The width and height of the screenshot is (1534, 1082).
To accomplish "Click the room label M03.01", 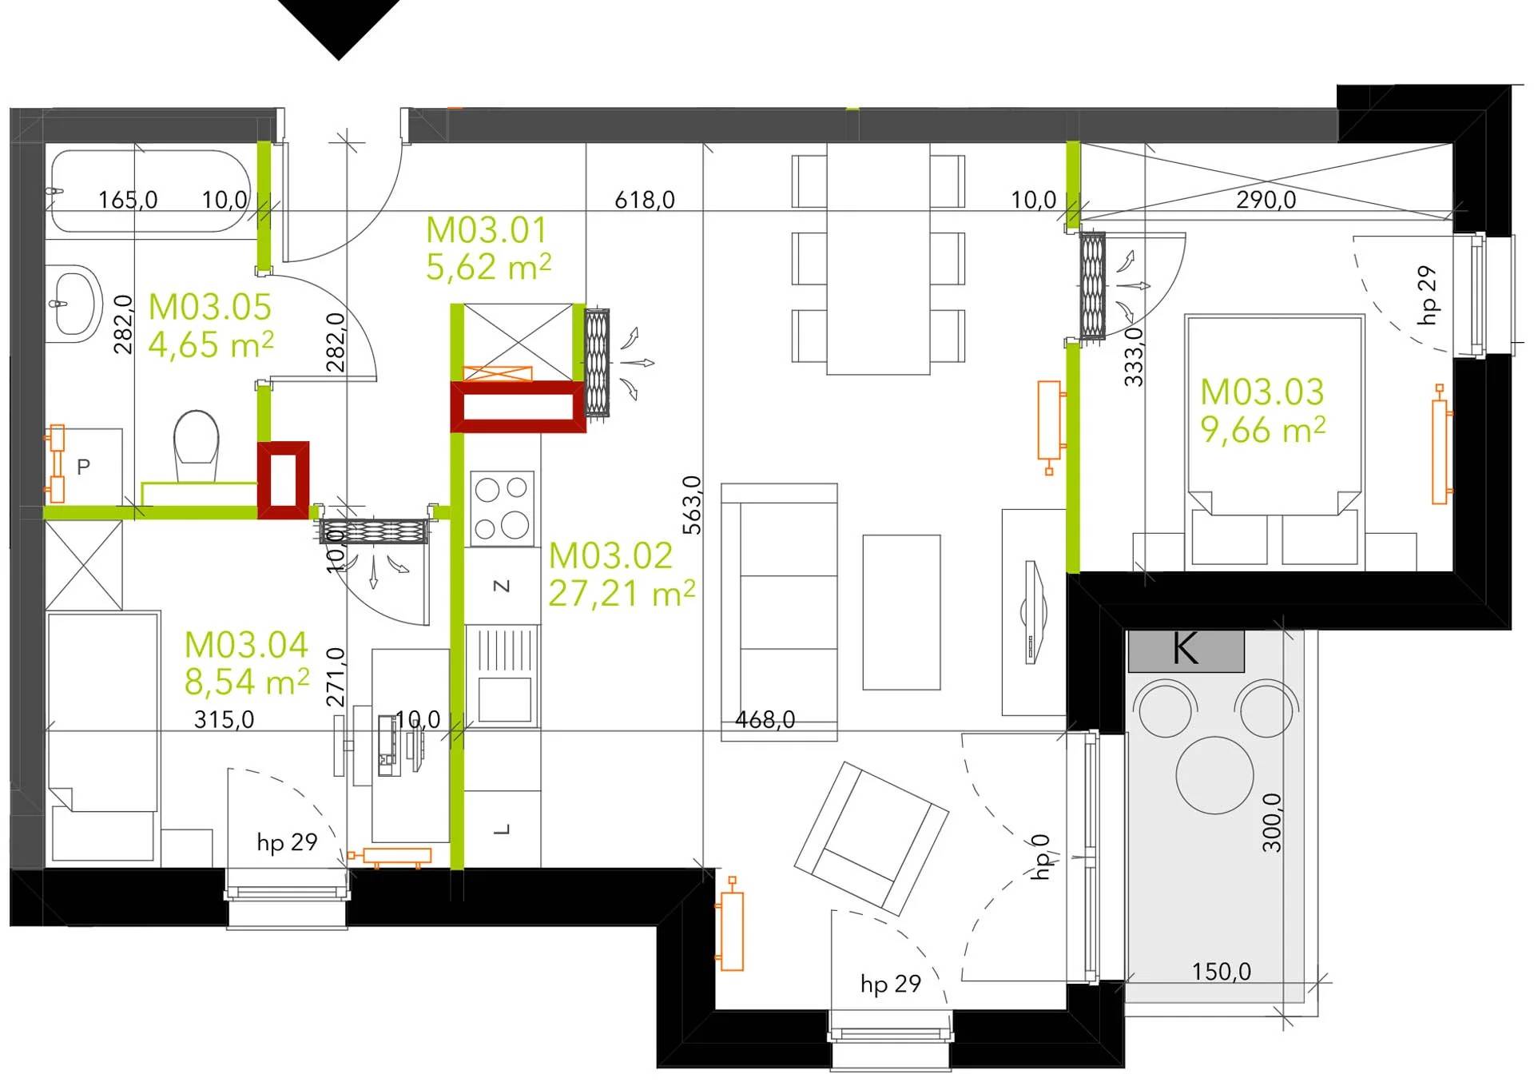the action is pyautogui.click(x=486, y=230).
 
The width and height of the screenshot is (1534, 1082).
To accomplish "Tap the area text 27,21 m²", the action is pyautogui.click(x=622, y=593).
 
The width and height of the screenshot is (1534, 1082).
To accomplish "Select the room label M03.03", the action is pyautogui.click(x=1262, y=392).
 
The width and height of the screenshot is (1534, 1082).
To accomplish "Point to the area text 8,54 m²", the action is pyautogui.click(x=247, y=682).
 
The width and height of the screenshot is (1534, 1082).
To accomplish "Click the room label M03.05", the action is pyautogui.click(x=210, y=307).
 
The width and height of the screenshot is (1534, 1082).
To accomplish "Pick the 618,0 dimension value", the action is pyautogui.click(x=645, y=200).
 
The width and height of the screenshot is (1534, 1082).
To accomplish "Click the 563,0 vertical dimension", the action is pyautogui.click(x=692, y=505).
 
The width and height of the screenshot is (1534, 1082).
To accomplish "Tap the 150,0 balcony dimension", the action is pyautogui.click(x=1222, y=972).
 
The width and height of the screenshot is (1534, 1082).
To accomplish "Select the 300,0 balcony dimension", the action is pyautogui.click(x=1271, y=822).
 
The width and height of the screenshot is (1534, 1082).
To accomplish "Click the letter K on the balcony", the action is pyautogui.click(x=1186, y=649).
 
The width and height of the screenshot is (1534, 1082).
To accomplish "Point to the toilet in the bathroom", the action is pyautogui.click(x=197, y=445).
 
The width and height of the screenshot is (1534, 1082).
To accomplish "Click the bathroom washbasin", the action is pyautogui.click(x=74, y=303).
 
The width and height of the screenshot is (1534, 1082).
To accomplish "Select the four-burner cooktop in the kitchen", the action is pyautogui.click(x=502, y=508).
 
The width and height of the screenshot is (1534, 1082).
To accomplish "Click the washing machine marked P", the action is pyautogui.click(x=84, y=467).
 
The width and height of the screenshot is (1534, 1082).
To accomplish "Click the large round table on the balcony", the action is pyautogui.click(x=1214, y=775).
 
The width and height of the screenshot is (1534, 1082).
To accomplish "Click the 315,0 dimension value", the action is pyautogui.click(x=225, y=719).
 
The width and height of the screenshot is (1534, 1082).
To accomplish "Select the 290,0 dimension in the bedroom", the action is pyautogui.click(x=1266, y=200).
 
